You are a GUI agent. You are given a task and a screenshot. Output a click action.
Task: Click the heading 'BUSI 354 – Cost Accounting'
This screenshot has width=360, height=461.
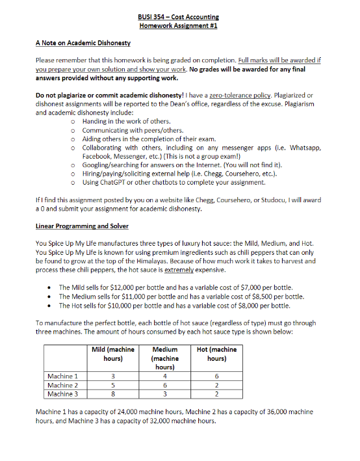[179, 16]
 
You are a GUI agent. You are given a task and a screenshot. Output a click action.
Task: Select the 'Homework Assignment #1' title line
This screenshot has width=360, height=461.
[179, 25]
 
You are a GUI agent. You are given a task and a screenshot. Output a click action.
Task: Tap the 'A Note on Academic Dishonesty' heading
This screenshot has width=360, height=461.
[83, 43]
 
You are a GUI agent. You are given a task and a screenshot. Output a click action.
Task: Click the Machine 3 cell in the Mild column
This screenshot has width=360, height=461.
[113, 394]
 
